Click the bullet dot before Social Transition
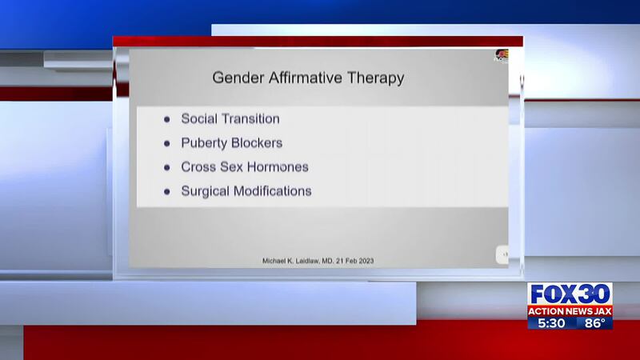pos(166,119)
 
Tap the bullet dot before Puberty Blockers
pos(166,143)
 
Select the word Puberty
pos(204,144)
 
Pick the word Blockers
pos(257,143)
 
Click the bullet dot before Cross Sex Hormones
pos(166,167)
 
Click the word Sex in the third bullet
pos(231,167)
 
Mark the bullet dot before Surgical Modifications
pos(166,191)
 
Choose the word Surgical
pos(206,191)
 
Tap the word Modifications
pos(273,191)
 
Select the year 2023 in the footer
pos(366,261)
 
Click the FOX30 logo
pos(570,294)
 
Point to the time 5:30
pos(551,323)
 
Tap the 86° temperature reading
pos(594,323)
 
